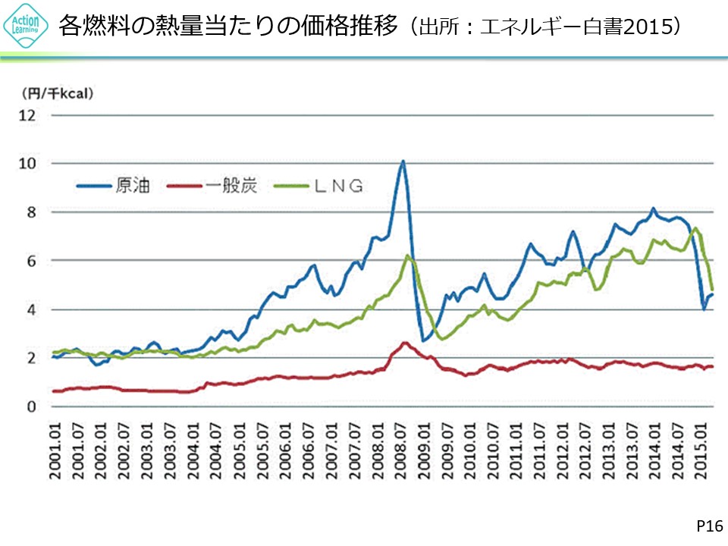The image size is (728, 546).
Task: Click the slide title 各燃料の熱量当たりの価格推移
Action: [227, 27]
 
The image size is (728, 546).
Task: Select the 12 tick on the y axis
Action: [29, 115]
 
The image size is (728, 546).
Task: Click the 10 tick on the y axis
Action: [29, 164]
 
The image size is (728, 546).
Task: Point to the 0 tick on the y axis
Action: [33, 407]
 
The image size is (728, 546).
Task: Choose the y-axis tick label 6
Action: [33, 261]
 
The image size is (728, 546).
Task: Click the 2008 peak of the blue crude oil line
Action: [403, 161]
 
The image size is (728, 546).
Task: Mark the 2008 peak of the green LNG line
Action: [408, 256]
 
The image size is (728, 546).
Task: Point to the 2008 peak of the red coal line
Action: [404, 343]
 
